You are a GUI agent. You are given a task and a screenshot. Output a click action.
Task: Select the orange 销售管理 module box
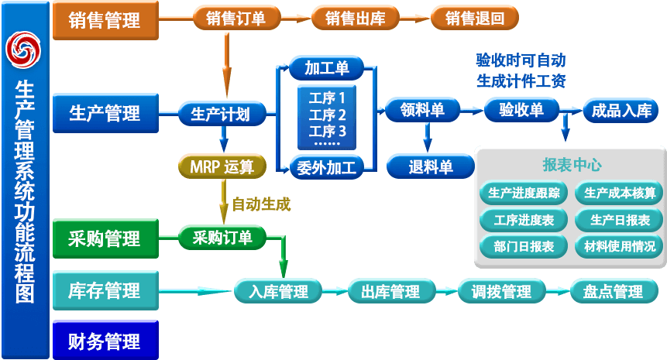105,20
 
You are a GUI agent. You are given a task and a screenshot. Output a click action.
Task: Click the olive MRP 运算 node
222,165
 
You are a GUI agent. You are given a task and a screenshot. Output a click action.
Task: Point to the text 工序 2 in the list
328,115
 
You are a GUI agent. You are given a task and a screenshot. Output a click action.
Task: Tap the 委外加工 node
327,166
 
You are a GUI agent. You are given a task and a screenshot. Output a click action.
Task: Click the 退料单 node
430,166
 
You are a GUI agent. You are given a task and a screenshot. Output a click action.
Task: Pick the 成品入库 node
621,111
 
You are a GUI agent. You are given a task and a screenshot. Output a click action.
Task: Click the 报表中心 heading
572,165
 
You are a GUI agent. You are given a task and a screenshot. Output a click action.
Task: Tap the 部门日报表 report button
524,246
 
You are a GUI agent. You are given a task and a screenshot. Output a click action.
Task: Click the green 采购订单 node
222,238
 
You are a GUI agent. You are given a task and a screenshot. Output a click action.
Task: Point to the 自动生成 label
262,204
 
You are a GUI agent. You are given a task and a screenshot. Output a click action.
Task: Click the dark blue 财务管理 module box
105,341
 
